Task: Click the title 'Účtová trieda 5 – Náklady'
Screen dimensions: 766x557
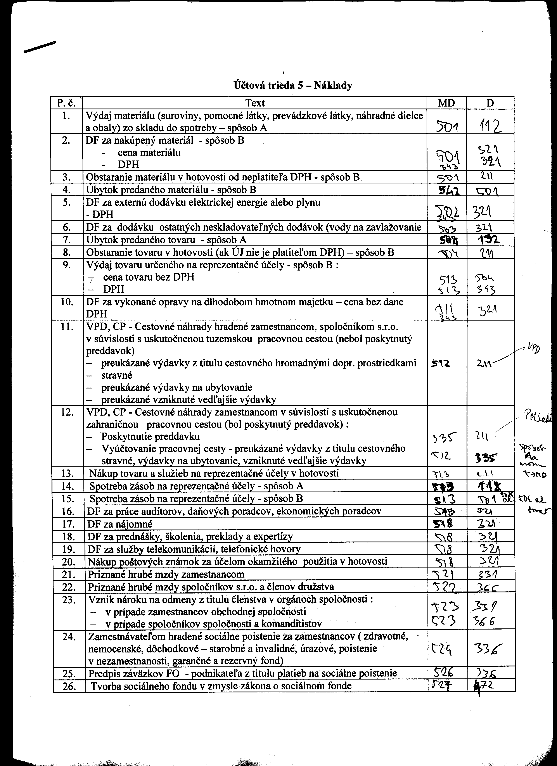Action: pos(292,85)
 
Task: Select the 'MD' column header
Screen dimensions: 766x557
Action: pos(446,103)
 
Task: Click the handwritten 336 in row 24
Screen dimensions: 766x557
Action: pos(488,648)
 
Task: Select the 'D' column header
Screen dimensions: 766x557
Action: pos(490,103)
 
